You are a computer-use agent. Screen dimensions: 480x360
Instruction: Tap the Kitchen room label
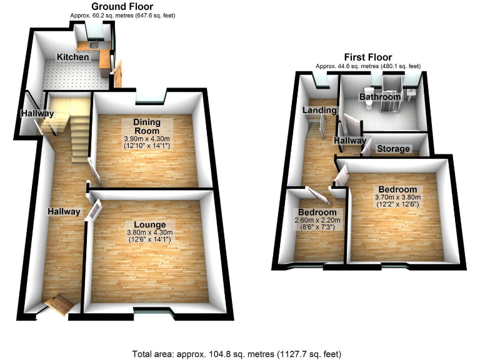72,57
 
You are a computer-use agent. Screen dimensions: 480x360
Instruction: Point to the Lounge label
149,224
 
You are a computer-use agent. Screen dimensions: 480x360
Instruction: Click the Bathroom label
379,97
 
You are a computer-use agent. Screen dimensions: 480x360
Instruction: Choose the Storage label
393,149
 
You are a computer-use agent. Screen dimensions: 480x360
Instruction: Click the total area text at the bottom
237,354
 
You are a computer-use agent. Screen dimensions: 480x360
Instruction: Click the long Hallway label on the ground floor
64,212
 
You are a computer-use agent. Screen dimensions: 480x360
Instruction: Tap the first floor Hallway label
349,142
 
